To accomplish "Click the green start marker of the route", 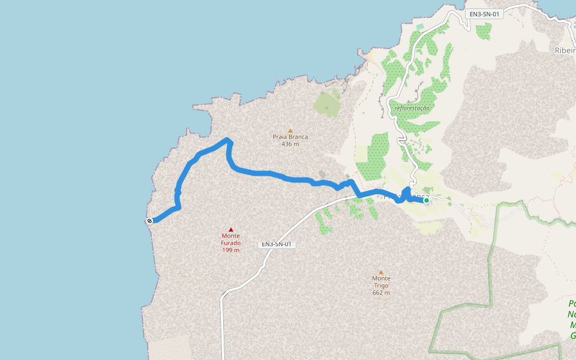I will (427, 200).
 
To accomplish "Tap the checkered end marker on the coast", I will (149, 221).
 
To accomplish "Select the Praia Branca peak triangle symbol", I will (290, 130).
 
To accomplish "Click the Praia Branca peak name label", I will (290, 137).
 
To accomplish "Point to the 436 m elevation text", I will (290, 144).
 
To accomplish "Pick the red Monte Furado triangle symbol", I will (231, 229).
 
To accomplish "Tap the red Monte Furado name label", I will (231, 239).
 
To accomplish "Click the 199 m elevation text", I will (231, 250).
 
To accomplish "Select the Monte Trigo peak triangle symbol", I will (380, 272).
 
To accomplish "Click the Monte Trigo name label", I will (381, 282).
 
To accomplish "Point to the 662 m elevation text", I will (381, 293).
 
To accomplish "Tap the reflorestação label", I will (413, 108).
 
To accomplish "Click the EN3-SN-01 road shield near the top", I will (484, 14).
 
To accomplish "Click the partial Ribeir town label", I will (565, 50).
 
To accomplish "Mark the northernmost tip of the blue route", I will (227, 140).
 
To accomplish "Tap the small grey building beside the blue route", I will (322, 175).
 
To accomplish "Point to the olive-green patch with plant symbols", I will (326, 103).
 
